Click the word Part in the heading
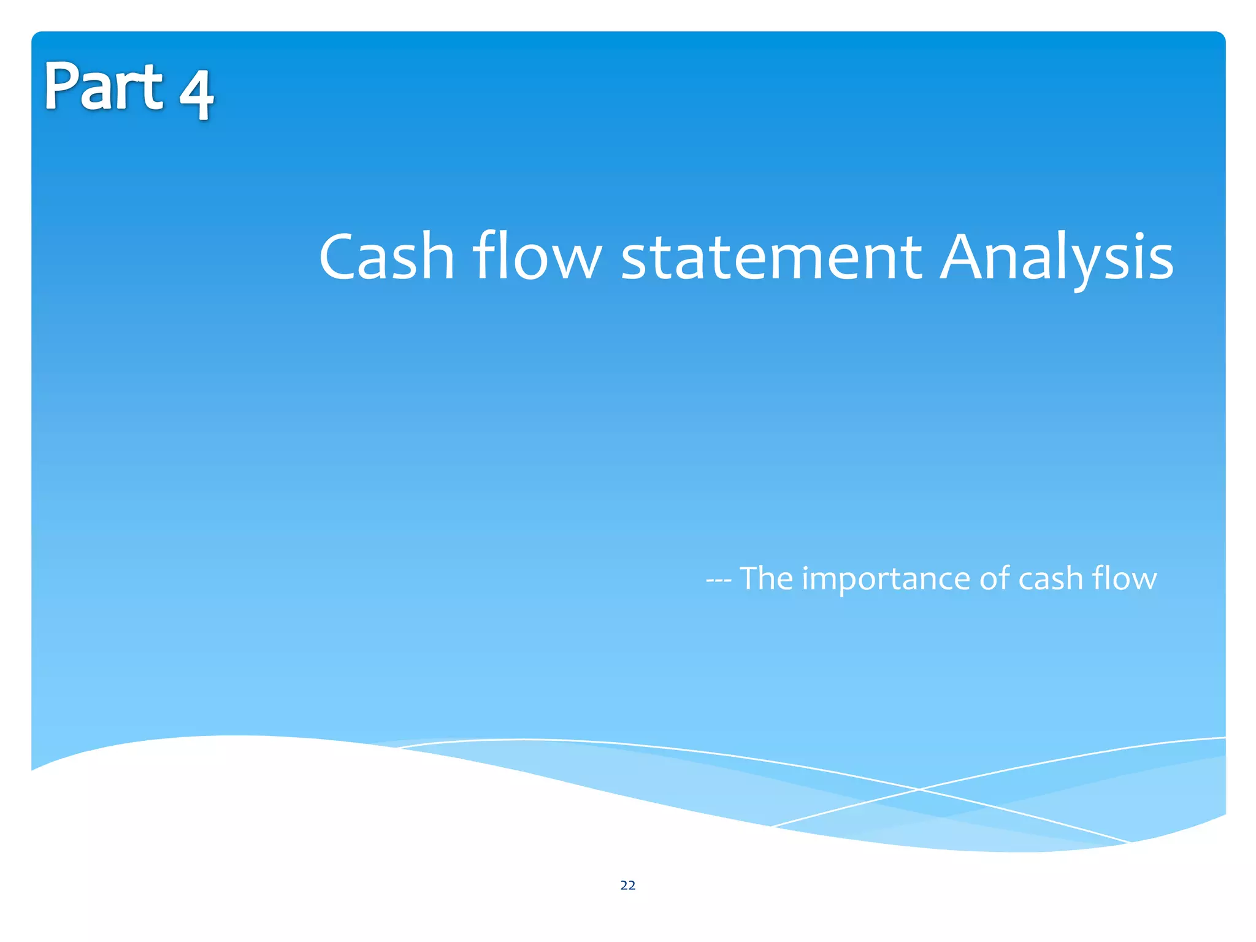point(103,87)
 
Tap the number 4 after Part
point(196,95)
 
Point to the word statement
point(772,258)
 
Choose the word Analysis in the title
point(1056,258)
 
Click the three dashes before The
point(718,580)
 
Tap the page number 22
point(628,885)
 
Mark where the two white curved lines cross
point(919,789)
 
